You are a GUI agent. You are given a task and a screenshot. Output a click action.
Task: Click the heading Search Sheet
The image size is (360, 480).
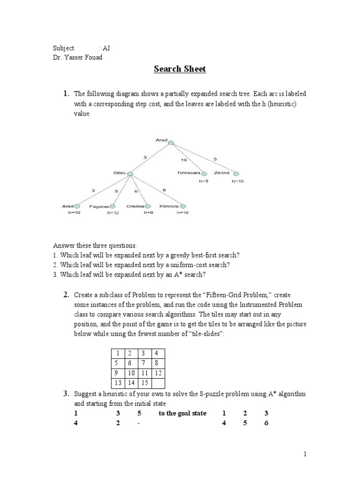[x=180, y=69]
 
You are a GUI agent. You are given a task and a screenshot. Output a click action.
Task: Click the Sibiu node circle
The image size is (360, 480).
[x=130, y=174]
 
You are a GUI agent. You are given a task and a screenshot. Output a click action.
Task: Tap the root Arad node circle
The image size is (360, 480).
[x=171, y=142]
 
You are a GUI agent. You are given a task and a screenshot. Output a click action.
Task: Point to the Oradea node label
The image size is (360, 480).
[x=135, y=206]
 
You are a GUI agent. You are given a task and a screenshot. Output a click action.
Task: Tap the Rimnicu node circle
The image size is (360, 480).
[x=183, y=206]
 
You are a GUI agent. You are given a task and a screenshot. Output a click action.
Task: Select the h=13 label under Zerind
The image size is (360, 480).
[x=238, y=181]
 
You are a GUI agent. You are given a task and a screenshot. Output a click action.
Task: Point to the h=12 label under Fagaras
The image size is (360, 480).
[x=112, y=213]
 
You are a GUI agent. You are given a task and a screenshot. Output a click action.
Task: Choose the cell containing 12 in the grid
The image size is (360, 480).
[x=158, y=373]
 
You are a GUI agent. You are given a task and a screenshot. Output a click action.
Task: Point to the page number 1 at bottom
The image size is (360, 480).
[x=304, y=454]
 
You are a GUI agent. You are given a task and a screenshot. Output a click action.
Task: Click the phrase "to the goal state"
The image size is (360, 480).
[x=182, y=413]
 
